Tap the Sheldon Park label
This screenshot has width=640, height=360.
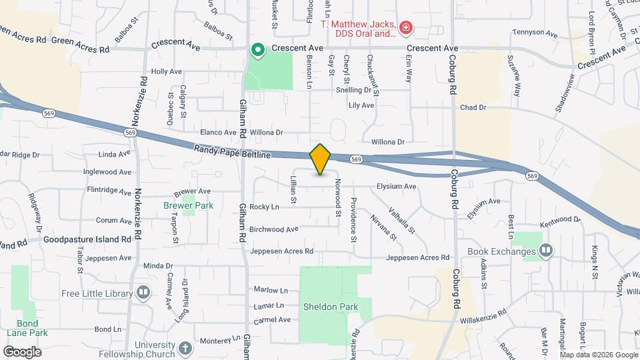pos(331,307)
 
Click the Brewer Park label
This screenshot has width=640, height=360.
pos(188,206)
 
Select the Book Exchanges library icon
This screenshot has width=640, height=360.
pos(546,251)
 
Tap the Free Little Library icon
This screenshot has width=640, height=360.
pos(143,292)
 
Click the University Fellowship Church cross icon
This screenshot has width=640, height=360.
pos(185,347)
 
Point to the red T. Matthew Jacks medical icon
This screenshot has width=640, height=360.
pos(405,27)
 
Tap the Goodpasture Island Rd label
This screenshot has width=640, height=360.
pos(88,239)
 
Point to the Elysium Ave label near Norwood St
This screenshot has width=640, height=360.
pos(396,187)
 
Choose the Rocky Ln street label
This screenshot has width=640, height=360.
pos(264,207)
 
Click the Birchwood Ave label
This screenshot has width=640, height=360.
pos(273,229)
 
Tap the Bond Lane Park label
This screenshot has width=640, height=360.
pos(27,327)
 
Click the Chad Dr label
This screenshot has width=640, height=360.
pos(473,107)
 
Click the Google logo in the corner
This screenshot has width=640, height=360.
pos(22,351)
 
